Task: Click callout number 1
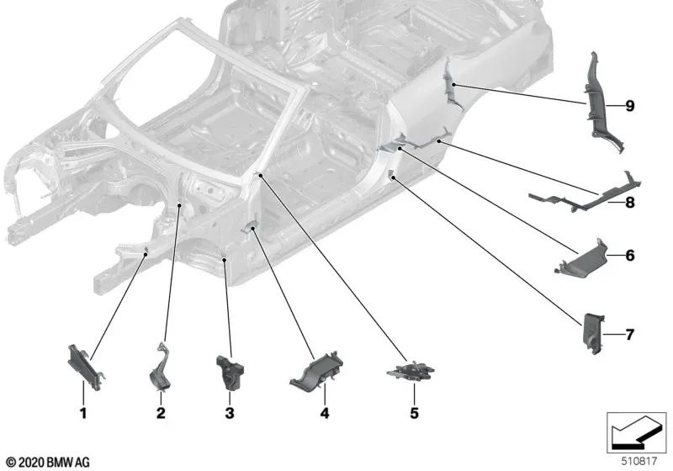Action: point(82,413)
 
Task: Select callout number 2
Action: point(161,413)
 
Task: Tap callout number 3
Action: point(229,413)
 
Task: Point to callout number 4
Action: point(323,413)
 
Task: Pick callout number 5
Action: point(413,413)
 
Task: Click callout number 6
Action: point(628,254)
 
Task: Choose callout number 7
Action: point(628,335)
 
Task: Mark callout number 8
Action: point(628,202)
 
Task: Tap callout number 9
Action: point(628,105)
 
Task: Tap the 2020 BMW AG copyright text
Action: point(47,462)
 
